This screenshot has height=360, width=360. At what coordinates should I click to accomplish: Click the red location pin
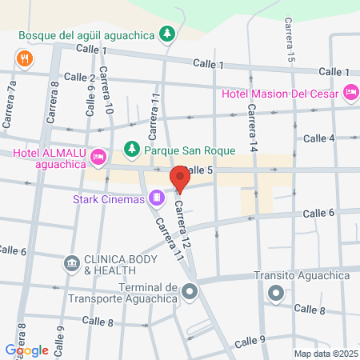click(x=181, y=179)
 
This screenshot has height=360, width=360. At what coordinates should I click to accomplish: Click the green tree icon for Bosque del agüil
click(x=167, y=34)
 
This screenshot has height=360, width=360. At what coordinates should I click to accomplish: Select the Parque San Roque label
click(x=190, y=150)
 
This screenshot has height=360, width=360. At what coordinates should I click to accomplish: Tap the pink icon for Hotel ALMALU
click(x=98, y=155)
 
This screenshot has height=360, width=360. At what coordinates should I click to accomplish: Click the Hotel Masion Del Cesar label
click(x=279, y=94)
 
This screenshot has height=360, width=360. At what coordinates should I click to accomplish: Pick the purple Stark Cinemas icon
click(x=157, y=196)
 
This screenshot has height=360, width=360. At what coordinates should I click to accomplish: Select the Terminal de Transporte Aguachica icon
click(x=190, y=291)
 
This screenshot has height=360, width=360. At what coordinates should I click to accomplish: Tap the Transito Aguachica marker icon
click(x=276, y=293)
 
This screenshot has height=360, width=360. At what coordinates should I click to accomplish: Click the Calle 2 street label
click(x=80, y=78)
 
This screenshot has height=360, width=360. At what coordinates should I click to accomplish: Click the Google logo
click(x=26, y=350)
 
